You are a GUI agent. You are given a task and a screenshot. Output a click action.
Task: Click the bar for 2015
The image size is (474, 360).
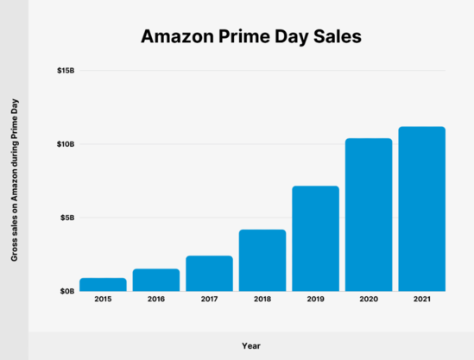[x=103, y=284]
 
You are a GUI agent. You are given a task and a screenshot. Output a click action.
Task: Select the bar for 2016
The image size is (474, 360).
[x=156, y=280]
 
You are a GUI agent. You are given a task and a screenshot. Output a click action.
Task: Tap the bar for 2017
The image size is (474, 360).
[x=209, y=273]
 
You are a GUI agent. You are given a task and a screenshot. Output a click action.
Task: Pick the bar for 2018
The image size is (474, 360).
[x=262, y=260]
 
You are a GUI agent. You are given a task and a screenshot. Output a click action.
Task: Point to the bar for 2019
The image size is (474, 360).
[x=315, y=238]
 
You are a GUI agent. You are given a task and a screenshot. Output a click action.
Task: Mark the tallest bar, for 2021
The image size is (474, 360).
[x=421, y=209]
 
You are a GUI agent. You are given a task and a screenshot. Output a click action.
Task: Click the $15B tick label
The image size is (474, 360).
[x=66, y=70]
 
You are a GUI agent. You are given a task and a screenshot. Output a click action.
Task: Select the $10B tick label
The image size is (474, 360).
[x=66, y=144]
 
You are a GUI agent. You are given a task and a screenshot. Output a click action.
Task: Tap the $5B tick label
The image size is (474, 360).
[x=67, y=218]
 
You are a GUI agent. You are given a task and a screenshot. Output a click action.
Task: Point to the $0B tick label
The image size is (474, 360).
[x=67, y=292]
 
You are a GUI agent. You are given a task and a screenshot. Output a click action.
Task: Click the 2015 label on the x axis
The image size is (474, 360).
[x=103, y=300]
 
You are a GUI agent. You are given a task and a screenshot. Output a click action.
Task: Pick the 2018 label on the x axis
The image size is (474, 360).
[x=262, y=300]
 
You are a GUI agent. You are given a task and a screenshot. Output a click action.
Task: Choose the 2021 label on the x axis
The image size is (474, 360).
[x=421, y=300]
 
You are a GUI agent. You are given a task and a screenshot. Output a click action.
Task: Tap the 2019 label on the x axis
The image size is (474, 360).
[x=315, y=300]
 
